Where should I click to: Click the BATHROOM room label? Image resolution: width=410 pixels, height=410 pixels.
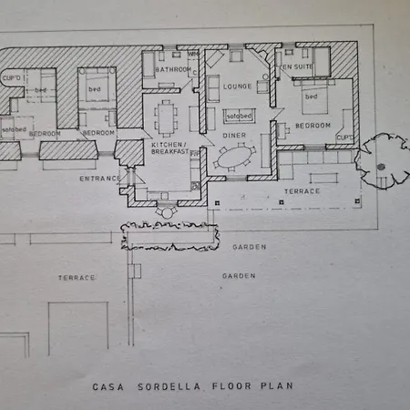point(172,68)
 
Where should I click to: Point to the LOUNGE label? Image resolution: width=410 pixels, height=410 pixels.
point(236,87)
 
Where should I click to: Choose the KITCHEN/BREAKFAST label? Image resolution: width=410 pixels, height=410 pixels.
point(169,149)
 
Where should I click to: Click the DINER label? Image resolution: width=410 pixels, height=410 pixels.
point(234,136)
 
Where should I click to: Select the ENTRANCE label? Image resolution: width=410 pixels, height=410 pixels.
point(97,178)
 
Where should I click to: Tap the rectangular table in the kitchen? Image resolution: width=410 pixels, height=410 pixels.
point(166,116)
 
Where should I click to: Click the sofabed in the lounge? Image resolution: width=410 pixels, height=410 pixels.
point(240,117)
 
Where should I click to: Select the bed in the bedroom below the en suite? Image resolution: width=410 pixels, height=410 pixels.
point(312,95)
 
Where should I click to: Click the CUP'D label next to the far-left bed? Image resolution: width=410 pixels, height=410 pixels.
point(14,79)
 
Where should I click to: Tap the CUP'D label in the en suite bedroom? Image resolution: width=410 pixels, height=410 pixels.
point(344,138)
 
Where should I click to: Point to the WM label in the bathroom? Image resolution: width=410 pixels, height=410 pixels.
point(192,54)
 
